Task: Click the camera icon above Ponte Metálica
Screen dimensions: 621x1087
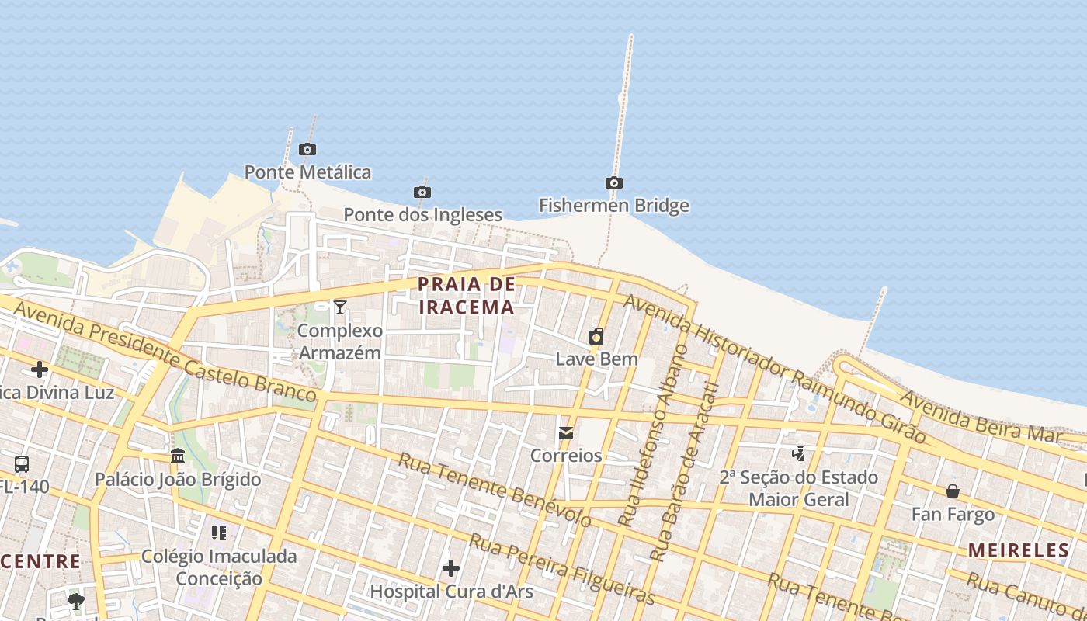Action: point(307,149)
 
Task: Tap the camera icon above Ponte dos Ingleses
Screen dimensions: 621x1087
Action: point(422,192)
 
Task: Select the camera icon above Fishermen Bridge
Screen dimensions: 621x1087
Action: point(614,183)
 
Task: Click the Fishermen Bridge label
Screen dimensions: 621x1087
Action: point(614,206)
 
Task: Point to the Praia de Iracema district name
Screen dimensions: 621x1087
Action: point(467,296)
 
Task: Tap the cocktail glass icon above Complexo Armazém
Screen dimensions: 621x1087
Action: point(340,307)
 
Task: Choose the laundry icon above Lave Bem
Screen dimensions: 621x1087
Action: point(596,336)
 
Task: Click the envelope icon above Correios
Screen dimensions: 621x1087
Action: point(566,432)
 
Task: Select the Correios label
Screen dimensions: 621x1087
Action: point(566,455)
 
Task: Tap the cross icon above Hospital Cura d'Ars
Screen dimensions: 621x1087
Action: point(451,569)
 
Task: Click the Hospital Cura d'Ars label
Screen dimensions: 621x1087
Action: point(451,592)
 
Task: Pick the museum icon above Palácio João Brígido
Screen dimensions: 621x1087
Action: point(178,456)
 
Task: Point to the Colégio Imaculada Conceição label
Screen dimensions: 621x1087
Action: point(219,567)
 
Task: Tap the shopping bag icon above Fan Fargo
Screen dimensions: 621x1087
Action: point(953,491)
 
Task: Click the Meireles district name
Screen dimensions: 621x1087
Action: point(1018,550)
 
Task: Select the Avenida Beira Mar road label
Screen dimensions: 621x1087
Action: point(980,417)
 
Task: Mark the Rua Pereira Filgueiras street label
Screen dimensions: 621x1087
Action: point(562,569)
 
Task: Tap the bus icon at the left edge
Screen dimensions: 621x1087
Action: point(22,464)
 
